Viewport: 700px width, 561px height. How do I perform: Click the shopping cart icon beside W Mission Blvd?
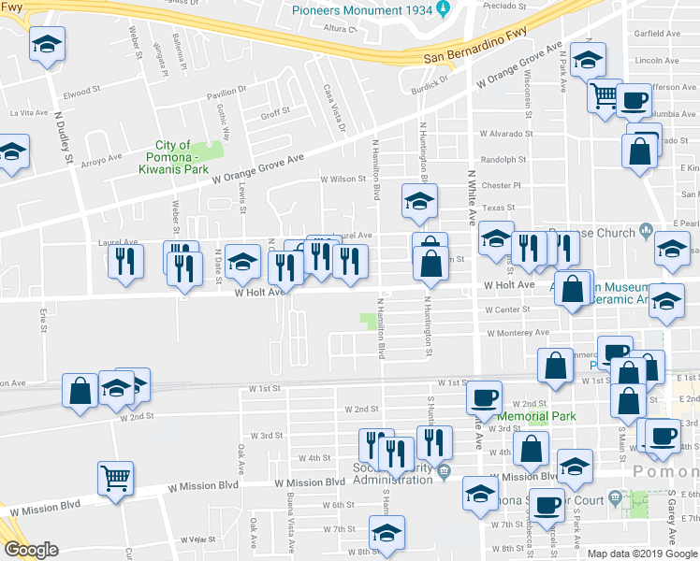click(116, 480)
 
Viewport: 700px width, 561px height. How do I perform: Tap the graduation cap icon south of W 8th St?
click(385, 535)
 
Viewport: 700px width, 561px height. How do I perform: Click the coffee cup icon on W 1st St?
click(484, 398)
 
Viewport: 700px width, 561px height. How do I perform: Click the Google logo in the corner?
click(30, 550)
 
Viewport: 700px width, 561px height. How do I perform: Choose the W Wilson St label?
click(342, 179)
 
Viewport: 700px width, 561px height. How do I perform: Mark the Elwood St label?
click(81, 92)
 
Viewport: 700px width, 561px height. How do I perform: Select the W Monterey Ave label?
click(518, 332)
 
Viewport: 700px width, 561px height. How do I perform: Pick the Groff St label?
click(275, 113)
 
